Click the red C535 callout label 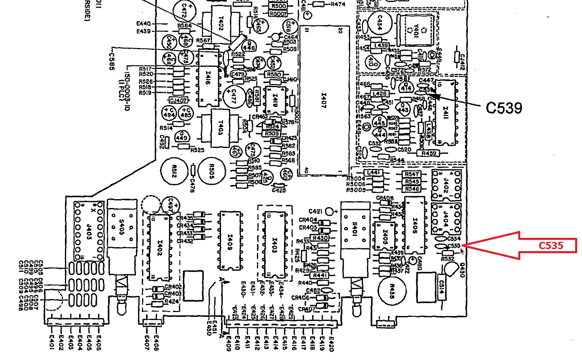point(551,246)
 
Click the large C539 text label point(504,108)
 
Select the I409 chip point(230,241)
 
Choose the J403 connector point(89,231)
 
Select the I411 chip point(446,112)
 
